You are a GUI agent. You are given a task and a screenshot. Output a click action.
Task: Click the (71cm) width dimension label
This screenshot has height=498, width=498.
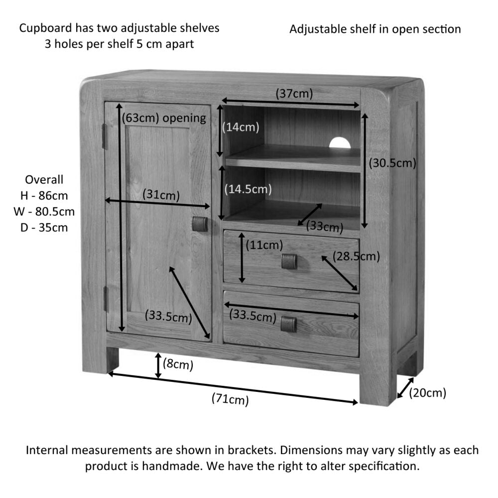tap(230, 399)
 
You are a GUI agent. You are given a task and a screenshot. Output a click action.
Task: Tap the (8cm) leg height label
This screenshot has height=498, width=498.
tap(178, 365)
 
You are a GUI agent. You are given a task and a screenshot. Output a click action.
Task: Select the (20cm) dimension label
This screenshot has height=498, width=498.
tap(427, 393)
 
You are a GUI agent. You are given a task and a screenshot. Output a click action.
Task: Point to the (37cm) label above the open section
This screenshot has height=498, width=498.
tap(294, 93)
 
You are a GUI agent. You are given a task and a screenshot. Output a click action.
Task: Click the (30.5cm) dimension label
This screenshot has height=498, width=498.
tap(392, 163)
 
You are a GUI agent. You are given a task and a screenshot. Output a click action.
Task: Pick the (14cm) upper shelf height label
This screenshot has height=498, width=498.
tap(241, 127)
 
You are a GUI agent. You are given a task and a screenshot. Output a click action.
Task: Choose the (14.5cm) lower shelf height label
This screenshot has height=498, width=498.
tap(248, 189)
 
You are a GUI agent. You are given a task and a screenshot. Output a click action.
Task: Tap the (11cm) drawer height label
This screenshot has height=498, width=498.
tap(264, 245)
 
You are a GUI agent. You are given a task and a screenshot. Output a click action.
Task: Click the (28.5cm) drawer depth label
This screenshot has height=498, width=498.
tap(357, 256)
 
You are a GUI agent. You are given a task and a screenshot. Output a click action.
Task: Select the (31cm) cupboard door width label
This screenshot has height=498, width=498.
tap(161, 195)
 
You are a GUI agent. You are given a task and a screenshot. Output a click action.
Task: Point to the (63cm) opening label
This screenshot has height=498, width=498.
tap(164, 118)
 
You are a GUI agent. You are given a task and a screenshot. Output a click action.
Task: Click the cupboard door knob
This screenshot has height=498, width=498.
tap(200, 224)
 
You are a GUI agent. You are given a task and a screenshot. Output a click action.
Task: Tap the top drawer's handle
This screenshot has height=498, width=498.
tap(289, 261)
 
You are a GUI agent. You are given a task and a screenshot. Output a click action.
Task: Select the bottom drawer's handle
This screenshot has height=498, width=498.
tap(288, 324)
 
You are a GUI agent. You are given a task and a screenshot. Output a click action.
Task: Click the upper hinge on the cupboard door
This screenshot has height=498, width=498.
tap(105, 136)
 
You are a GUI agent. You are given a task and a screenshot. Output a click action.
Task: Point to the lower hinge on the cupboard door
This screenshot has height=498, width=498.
tap(105, 299)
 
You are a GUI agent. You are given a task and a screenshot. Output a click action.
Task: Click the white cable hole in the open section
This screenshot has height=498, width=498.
tap(340, 143)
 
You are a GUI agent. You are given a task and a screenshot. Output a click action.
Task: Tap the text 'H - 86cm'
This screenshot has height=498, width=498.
tap(45, 196)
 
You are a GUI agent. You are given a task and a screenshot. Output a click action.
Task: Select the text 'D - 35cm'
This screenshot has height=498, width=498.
tap(45, 228)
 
